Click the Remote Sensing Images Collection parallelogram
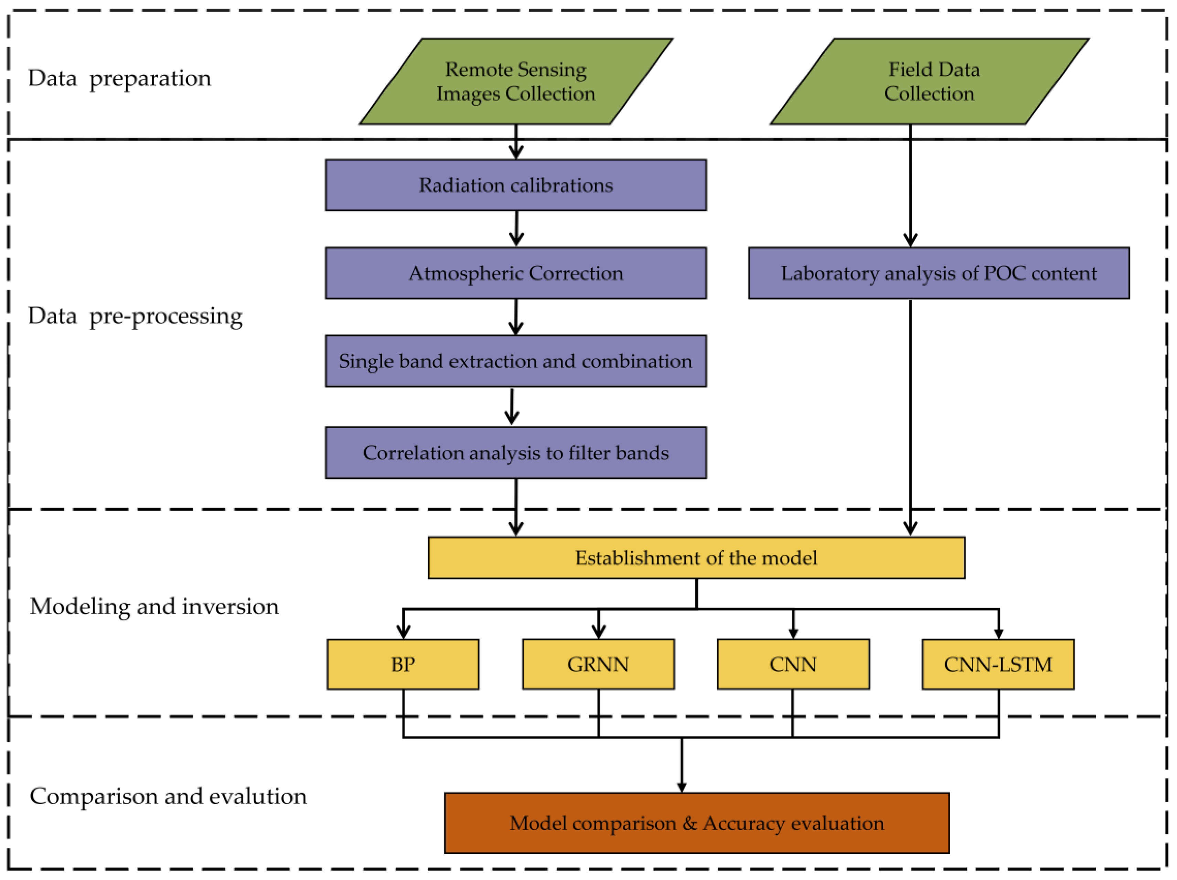[516, 82]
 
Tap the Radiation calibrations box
[516, 185]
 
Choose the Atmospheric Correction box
[516, 273]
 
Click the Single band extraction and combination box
[516, 361]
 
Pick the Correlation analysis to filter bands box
[516, 453]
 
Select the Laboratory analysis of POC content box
[939, 273]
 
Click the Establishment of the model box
[696, 558]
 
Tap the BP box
[403, 664]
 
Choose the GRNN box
[598, 664]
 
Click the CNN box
[793, 664]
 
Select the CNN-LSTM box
[998, 664]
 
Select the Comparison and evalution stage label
[168, 796]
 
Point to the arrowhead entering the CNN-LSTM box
[998, 634]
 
